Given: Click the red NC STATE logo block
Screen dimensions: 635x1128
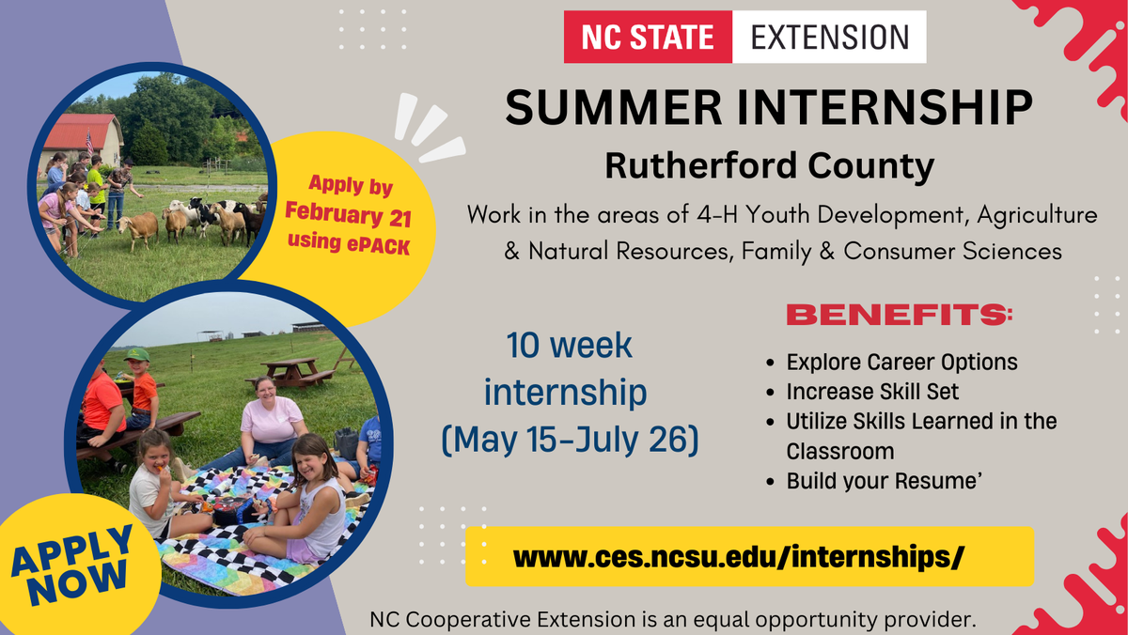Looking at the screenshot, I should [648, 38].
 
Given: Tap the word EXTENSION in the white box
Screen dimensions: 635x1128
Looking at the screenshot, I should [829, 38].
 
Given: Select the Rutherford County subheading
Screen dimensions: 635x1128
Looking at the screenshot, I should [769, 166].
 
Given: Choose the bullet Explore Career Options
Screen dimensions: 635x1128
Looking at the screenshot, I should [901, 362].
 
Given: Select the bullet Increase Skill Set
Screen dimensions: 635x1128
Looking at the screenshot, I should [872, 392].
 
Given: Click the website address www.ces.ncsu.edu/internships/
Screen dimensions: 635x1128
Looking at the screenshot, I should [739, 557].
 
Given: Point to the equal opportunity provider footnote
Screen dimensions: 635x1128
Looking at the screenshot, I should [673, 621].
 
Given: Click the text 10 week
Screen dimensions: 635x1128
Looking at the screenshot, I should [570, 346].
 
